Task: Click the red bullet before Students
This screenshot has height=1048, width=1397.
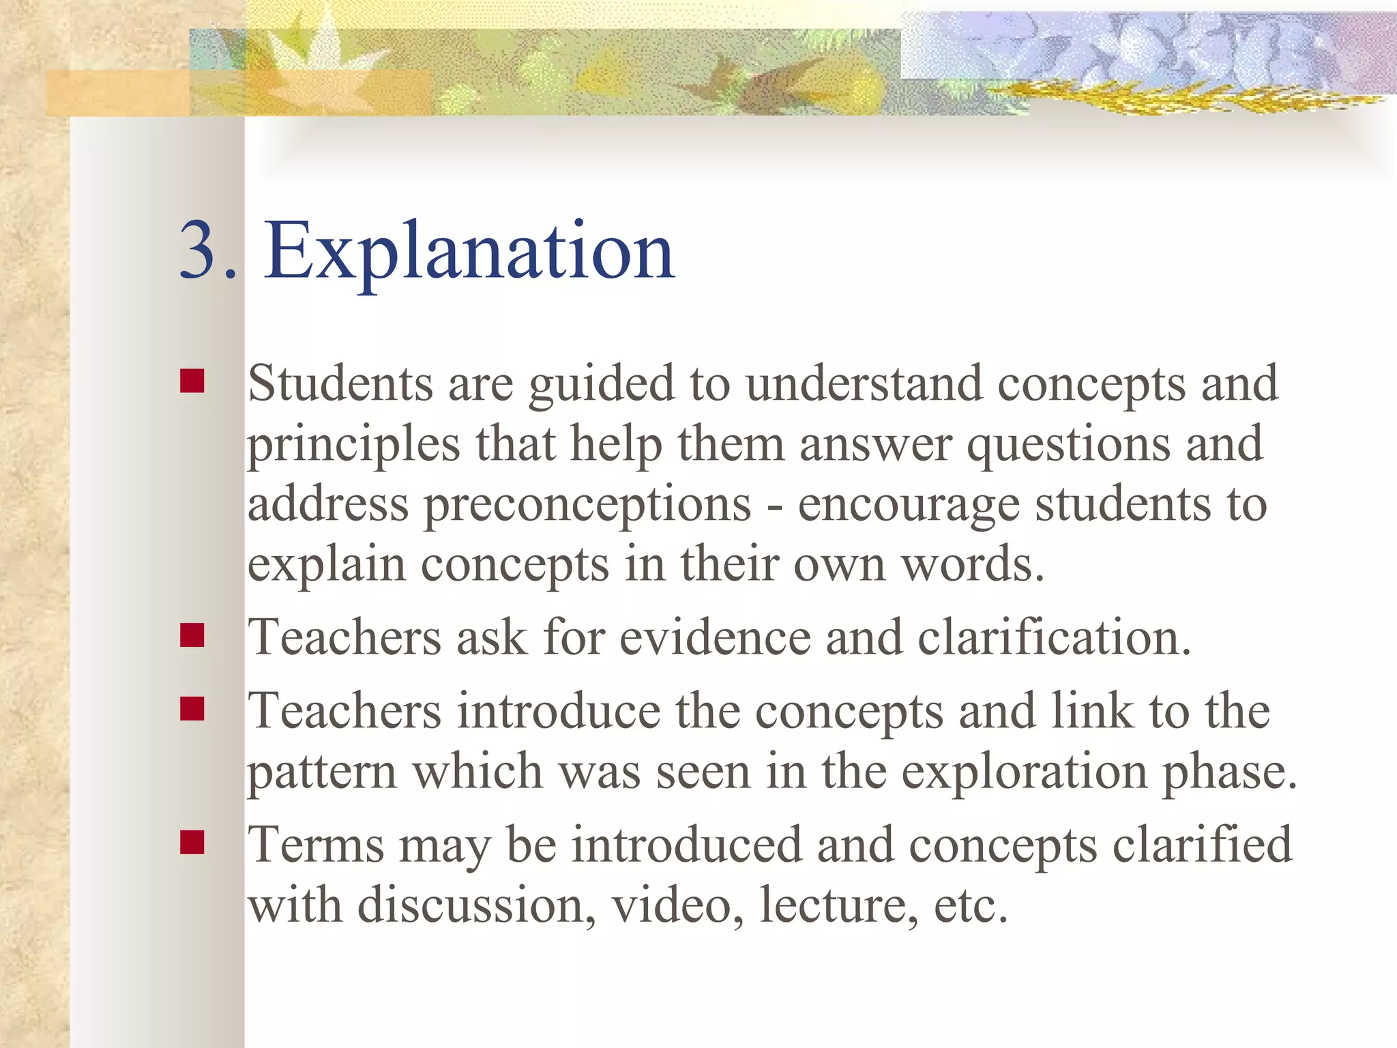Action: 192,381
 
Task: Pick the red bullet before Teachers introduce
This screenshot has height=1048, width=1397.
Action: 192,709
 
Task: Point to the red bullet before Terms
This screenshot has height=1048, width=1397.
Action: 192,843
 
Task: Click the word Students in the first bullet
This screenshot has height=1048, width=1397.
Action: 340,383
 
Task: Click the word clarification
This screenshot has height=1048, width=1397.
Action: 1054,638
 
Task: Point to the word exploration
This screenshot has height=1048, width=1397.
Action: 1024,773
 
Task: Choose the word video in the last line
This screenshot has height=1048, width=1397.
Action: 671,905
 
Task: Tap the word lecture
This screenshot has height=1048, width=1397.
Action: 839,905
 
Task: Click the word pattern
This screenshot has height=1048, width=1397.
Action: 321,773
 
